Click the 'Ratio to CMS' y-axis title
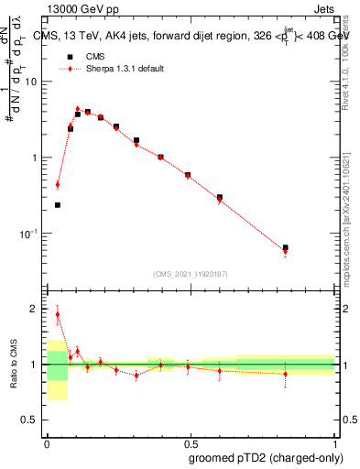click(12, 365)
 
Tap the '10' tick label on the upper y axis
click(32, 82)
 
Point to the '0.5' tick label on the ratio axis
click(31, 420)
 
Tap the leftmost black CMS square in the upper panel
click(58, 205)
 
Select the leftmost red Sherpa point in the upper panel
click(58, 184)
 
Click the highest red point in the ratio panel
click(58, 314)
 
